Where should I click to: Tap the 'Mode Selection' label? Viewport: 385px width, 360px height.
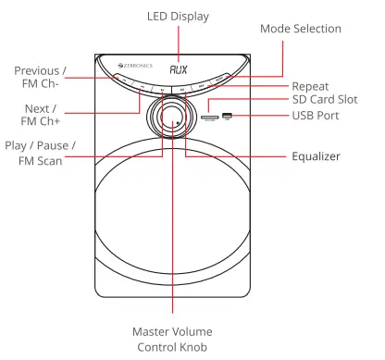coord(301,30)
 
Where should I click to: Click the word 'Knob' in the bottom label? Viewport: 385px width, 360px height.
coord(195,347)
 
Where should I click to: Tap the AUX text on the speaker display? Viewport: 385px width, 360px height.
coord(180,68)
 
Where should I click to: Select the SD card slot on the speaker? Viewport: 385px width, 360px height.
coord(211,117)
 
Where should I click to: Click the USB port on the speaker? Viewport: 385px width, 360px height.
coord(228,116)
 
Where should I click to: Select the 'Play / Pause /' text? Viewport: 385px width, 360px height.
coord(40,146)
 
